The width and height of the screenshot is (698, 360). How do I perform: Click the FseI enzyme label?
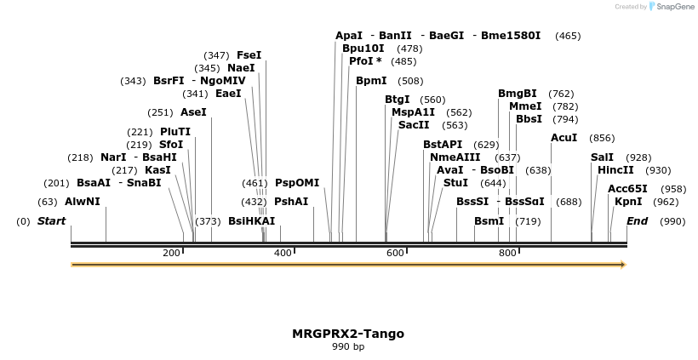click(249, 55)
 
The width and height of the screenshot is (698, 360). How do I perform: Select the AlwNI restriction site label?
click(83, 202)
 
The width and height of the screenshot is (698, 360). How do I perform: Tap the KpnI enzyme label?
click(628, 202)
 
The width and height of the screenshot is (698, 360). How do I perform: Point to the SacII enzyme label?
click(415, 125)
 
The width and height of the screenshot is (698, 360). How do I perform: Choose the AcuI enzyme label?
click(564, 138)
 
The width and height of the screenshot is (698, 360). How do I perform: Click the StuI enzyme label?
click(455, 183)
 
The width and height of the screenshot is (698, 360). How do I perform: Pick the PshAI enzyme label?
click(291, 202)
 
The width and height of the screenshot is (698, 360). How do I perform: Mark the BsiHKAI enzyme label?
click(252, 221)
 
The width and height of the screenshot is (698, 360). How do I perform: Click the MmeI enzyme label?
click(525, 106)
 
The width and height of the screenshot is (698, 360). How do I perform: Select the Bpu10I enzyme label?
click(363, 49)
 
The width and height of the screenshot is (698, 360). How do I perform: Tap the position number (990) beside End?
click(672, 221)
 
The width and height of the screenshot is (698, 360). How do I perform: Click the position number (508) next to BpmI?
click(410, 81)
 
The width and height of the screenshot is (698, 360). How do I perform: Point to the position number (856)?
click(602, 138)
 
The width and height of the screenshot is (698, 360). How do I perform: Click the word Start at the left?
click(51, 221)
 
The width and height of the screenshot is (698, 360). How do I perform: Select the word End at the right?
click(638, 221)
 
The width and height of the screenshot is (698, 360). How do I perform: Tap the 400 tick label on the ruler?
click(283, 253)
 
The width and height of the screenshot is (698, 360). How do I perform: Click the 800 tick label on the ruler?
click(507, 253)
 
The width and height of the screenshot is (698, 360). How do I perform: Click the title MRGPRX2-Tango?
click(348, 334)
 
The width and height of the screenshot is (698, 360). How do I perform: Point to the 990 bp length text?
click(348, 346)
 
